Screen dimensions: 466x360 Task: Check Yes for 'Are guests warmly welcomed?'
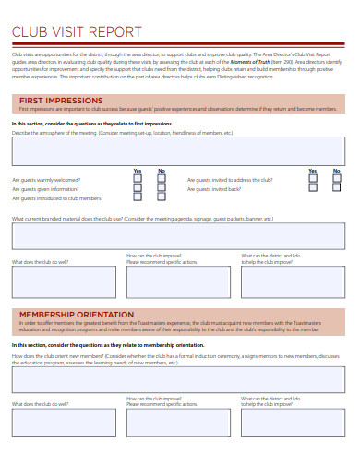[x=138, y=179]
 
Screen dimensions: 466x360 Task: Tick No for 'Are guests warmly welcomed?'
[x=162, y=179]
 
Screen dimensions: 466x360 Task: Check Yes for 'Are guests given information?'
[x=138, y=188]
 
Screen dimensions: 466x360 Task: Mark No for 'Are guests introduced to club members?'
[x=162, y=197]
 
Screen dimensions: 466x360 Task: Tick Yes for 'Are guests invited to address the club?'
[x=311, y=179]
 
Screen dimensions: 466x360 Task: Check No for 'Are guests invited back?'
[x=336, y=188]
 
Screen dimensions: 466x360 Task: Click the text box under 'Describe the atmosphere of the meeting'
[x=179, y=151]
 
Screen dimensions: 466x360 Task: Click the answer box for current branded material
[x=179, y=236]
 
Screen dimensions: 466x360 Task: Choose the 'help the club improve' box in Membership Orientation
[x=294, y=423]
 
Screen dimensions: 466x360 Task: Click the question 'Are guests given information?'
[x=42, y=189]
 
